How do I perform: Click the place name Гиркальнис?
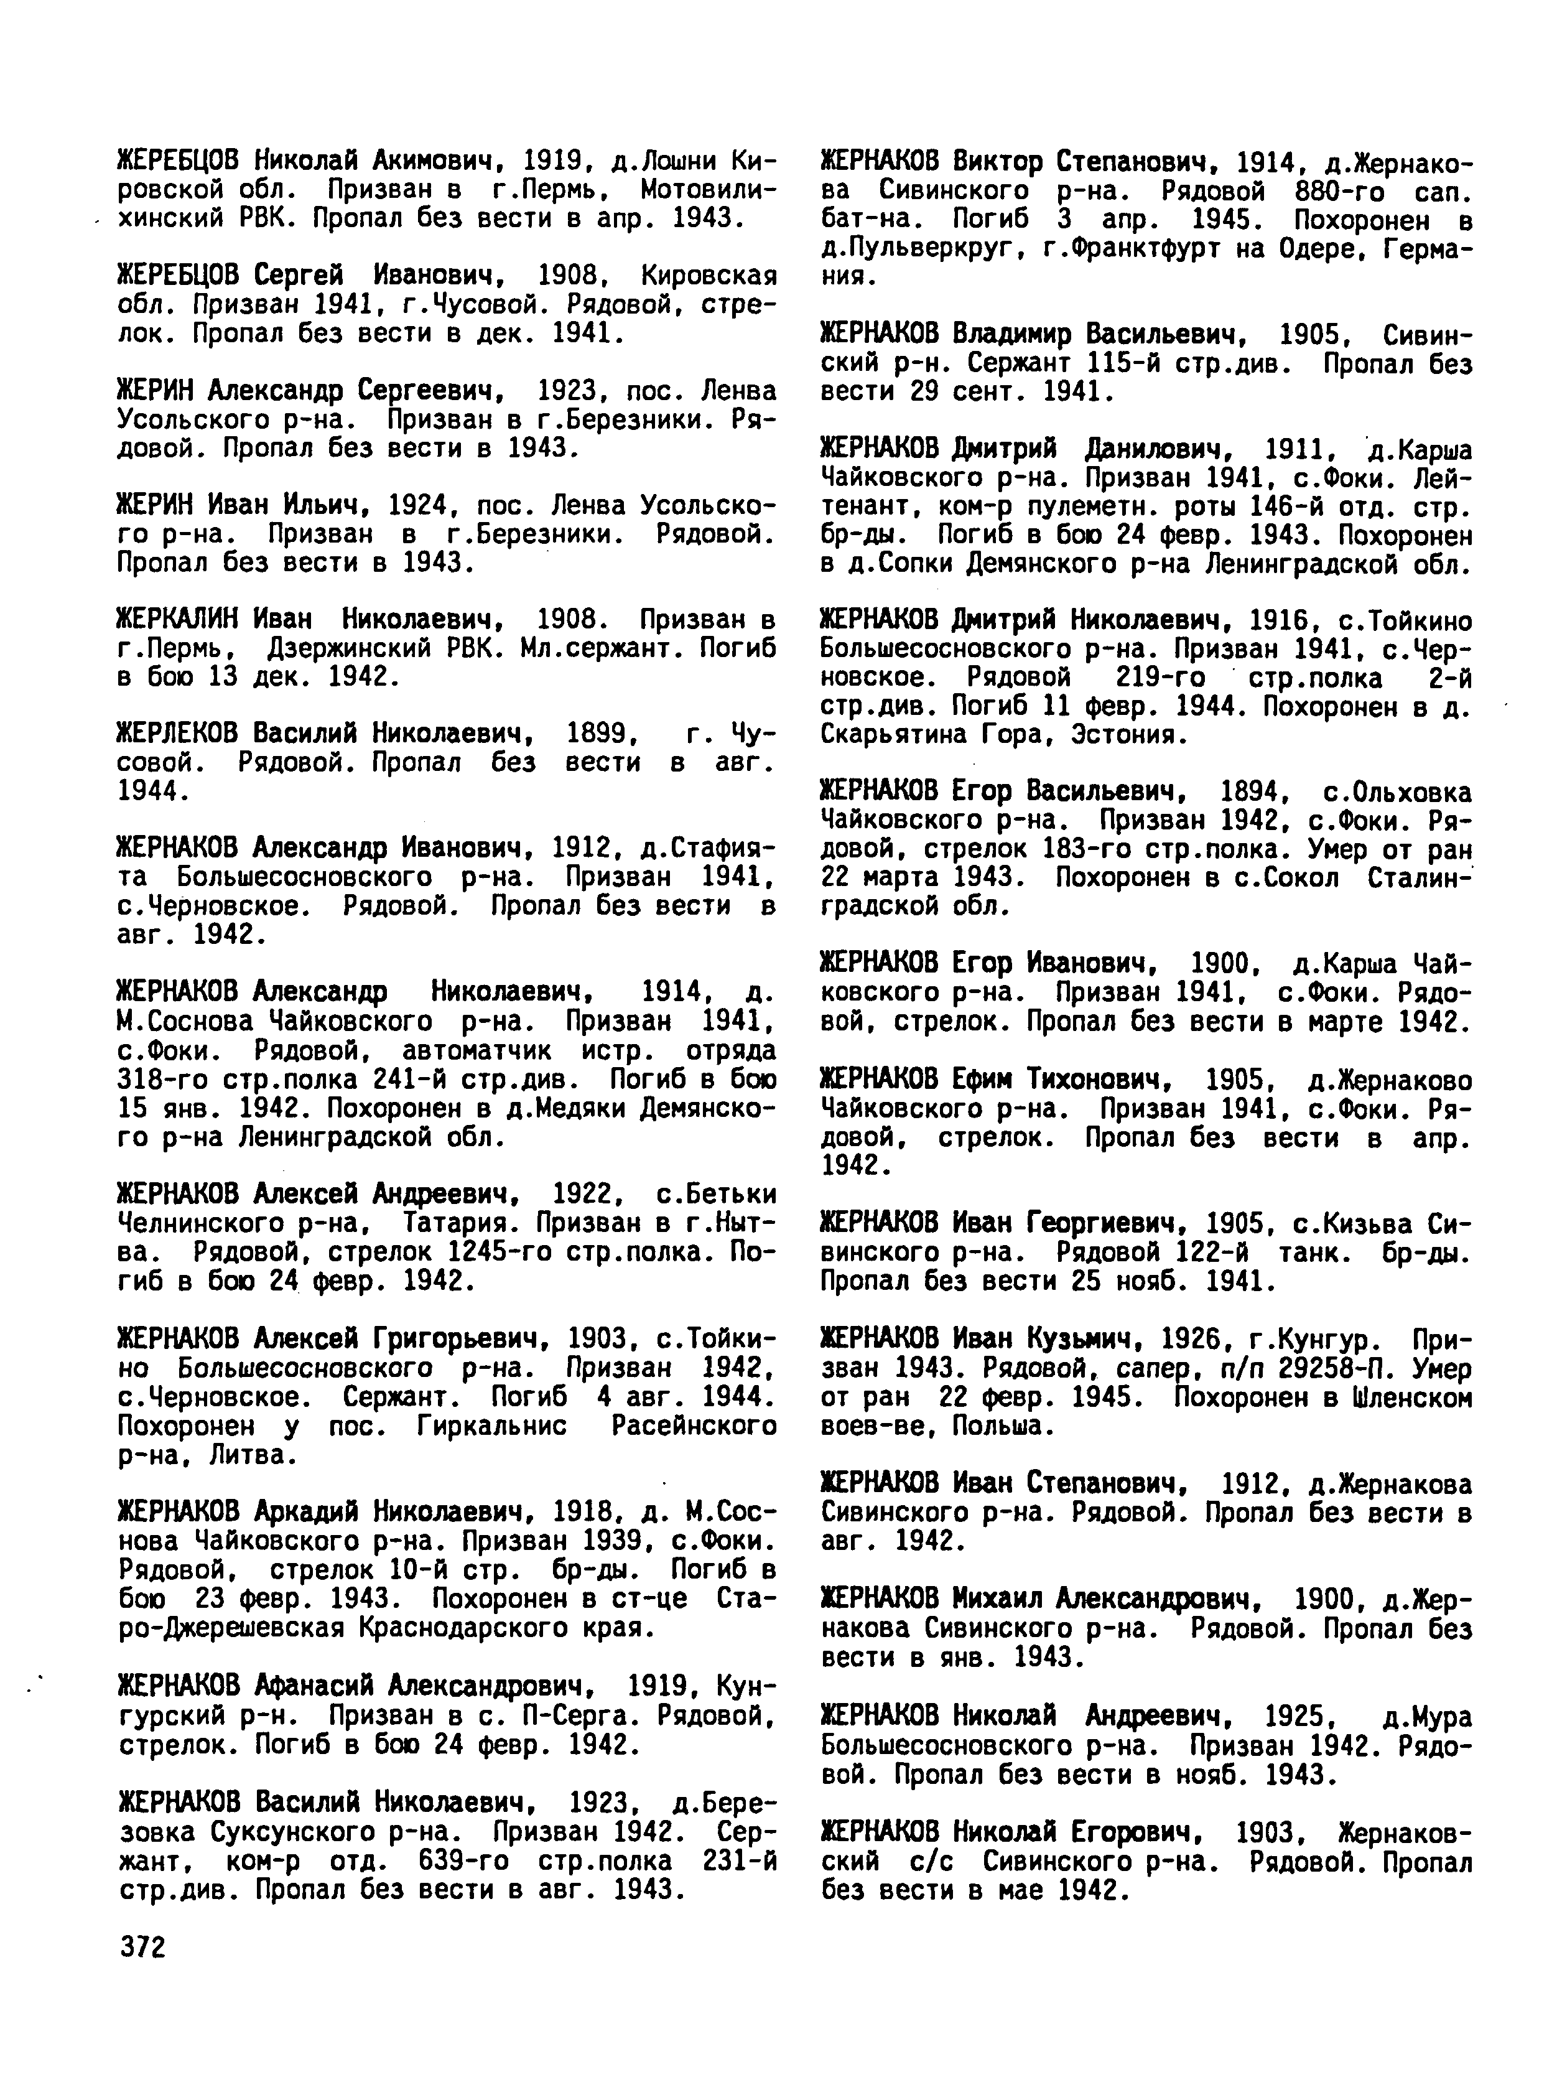point(491,1427)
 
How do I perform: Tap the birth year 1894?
point(1253,791)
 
